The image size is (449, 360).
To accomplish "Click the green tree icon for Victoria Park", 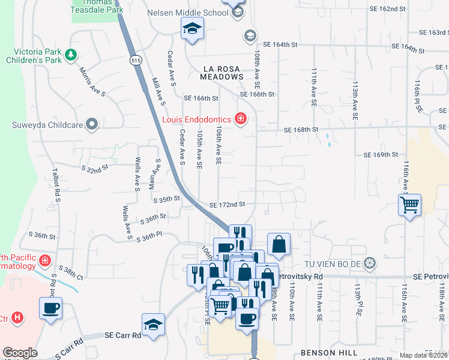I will (71, 55).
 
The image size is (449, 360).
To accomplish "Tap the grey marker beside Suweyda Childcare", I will (92, 125).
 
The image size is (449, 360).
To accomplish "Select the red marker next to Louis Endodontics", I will (241, 119).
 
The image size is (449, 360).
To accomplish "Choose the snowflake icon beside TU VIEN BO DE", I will (370, 263).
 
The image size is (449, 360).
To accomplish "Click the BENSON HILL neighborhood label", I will (329, 352).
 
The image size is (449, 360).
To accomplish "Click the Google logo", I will (20, 353).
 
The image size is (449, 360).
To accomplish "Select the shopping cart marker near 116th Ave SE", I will (409, 205).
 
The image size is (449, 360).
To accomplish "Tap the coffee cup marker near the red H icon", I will (50, 308).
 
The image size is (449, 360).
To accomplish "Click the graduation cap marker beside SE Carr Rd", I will (153, 324).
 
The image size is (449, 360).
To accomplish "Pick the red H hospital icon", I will (18, 317).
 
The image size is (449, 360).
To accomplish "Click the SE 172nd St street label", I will (227, 205).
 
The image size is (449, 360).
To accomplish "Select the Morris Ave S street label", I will (92, 82).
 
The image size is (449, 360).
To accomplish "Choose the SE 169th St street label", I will (381, 155).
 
